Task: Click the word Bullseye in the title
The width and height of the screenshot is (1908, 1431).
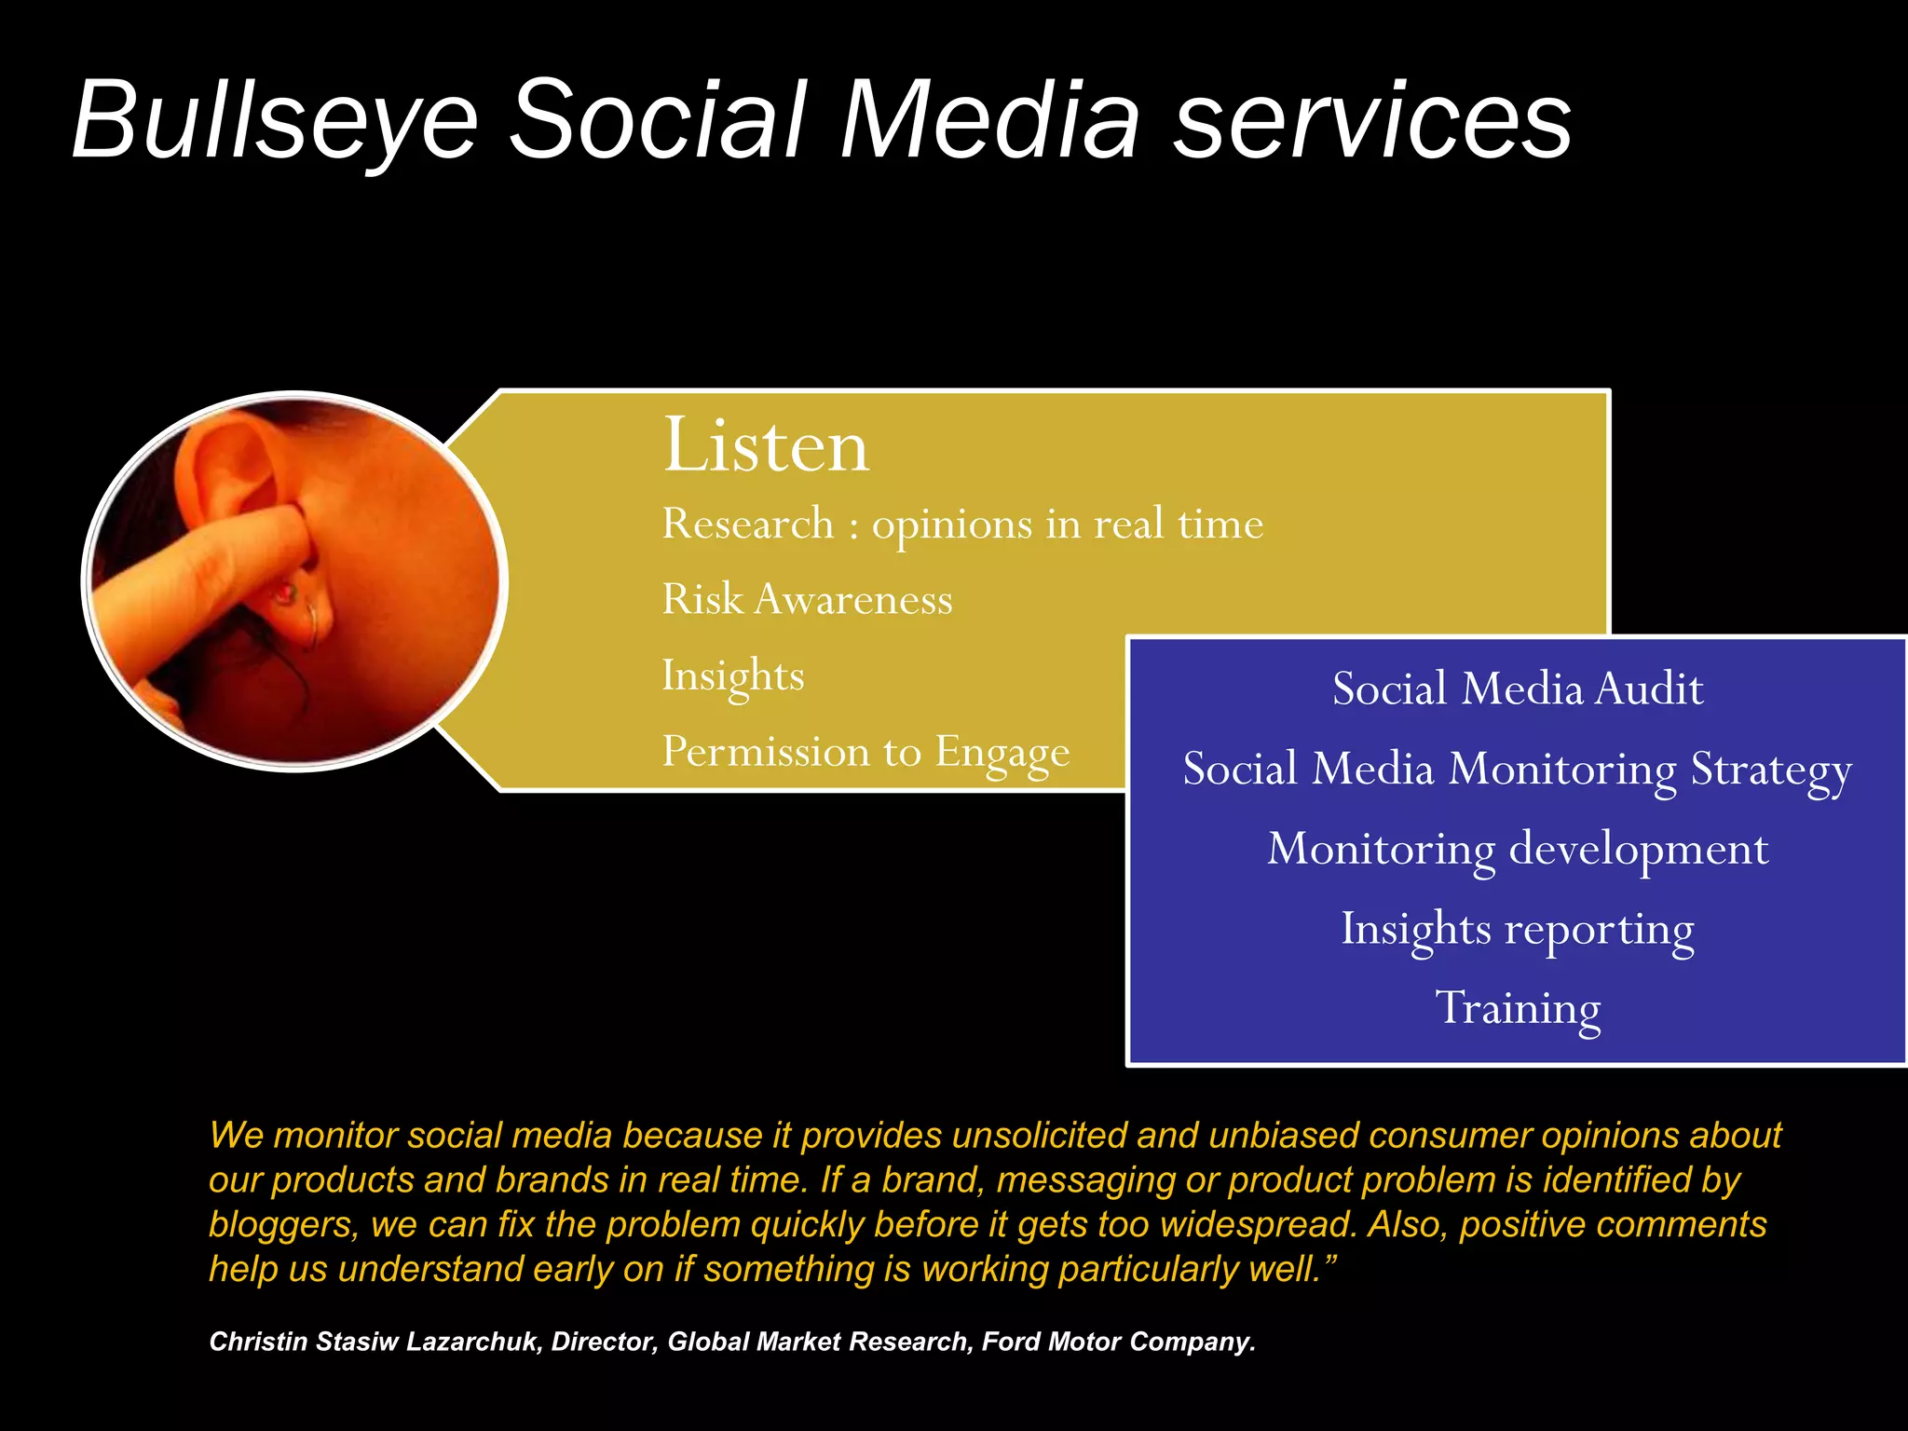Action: point(275,121)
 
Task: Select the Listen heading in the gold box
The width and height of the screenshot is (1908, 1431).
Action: point(766,445)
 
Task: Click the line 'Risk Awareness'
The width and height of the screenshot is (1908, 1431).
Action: point(807,599)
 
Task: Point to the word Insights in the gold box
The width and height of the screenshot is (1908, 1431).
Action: point(732,675)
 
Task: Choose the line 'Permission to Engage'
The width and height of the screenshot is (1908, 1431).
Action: point(865,752)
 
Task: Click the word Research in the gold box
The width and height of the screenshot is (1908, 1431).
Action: point(747,524)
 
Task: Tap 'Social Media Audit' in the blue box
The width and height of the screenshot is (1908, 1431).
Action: point(1517,689)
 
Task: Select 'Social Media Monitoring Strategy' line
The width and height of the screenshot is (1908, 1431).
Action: point(1517,770)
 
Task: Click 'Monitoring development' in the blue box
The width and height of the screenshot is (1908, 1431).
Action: point(1517,849)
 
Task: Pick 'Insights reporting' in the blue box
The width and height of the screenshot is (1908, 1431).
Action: point(1517,929)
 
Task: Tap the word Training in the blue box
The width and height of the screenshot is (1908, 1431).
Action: point(1517,1008)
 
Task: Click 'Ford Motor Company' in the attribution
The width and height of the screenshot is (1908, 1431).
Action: point(1118,1342)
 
